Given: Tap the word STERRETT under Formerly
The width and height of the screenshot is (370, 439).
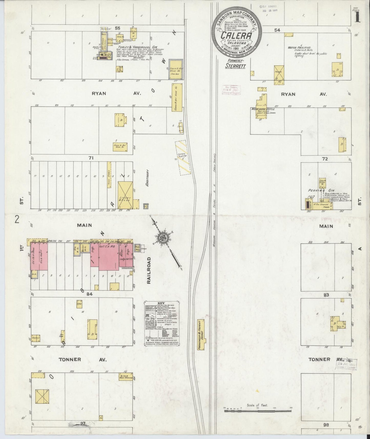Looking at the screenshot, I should [x=236, y=66].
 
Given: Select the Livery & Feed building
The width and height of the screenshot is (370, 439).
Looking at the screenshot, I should [x=125, y=195].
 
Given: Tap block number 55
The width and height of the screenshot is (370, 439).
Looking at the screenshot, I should [x=118, y=29].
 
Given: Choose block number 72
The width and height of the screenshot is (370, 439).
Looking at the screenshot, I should [x=325, y=159].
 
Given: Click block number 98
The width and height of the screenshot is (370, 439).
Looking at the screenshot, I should [x=326, y=425].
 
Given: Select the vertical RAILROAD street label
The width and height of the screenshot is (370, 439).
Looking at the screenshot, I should [x=149, y=270].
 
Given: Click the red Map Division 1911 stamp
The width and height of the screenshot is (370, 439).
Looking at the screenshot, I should [x=231, y=90].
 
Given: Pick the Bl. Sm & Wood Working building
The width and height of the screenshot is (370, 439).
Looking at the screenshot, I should [x=125, y=376].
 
